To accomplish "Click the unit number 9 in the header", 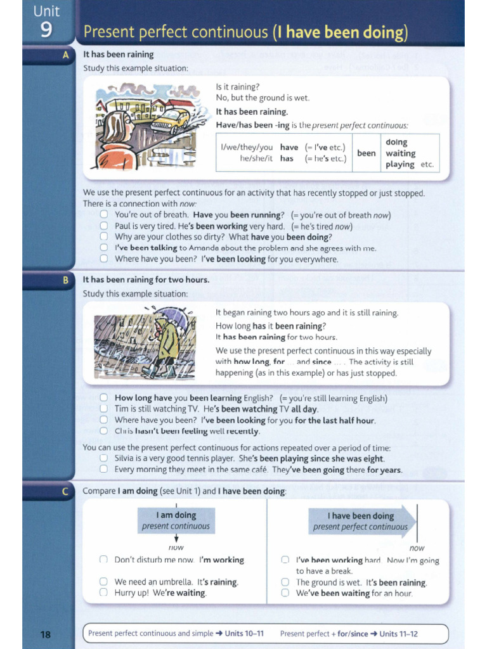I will [46, 30].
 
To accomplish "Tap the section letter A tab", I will [65, 55].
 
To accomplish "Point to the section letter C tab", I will [65, 491].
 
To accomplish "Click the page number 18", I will [46, 634].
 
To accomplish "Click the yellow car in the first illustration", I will [171, 119].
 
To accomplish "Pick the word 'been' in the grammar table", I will [366, 153].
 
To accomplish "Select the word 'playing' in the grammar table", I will [400, 164].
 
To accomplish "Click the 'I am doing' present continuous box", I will [176, 520].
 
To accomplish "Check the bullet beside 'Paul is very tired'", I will [104, 226].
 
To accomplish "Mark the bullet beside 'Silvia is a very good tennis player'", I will [104, 458].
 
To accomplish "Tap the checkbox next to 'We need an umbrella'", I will [103, 582].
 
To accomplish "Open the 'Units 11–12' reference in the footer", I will [398, 634].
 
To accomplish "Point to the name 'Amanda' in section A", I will [206, 248].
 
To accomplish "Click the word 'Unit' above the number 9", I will [46, 11].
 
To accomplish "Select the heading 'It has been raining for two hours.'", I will [146, 280].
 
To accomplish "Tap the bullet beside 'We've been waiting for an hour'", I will [285, 593].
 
